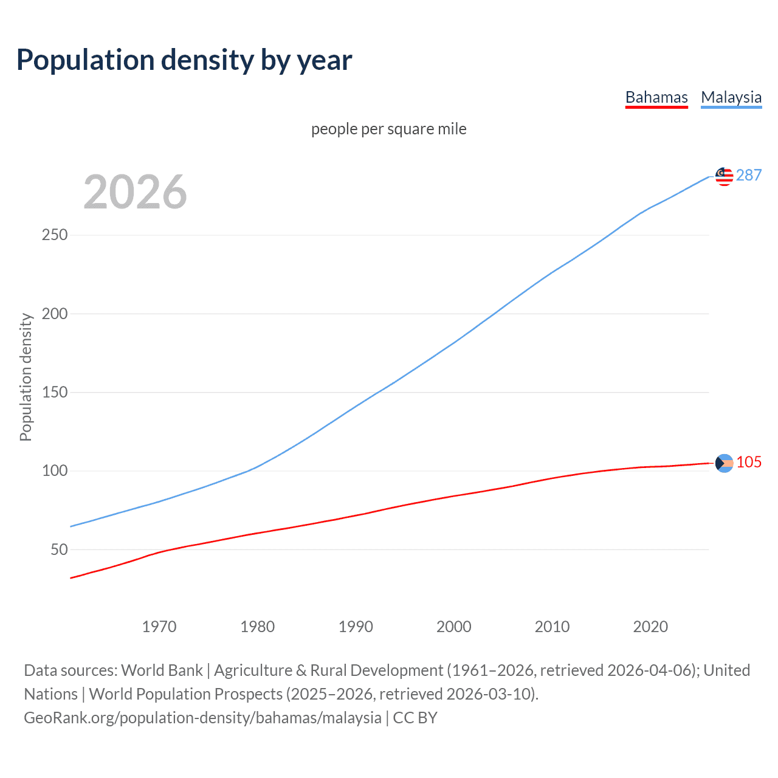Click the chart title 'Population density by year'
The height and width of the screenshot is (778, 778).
(x=184, y=60)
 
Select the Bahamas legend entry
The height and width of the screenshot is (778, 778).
(x=656, y=97)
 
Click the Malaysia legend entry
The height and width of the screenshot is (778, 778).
(x=731, y=97)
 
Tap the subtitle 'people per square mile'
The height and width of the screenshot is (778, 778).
(x=388, y=129)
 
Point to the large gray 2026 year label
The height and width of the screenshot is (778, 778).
(x=135, y=192)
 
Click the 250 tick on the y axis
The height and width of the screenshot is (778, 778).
(x=55, y=235)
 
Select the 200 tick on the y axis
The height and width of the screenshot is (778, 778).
(x=55, y=314)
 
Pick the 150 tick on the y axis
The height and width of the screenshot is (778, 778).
(x=55, y=392)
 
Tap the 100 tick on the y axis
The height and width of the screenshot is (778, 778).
(x=55, y=470)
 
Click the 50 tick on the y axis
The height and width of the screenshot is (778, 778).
(x=59, y=549)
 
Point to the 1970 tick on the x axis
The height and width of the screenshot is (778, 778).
(x=159, y=627)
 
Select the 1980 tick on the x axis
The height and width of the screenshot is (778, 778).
(x=258, y=627)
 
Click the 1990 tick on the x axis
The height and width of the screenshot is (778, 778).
(x=356, y=627)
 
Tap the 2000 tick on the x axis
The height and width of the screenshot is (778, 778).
(x=454, y=627)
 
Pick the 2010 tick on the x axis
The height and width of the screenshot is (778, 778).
(x=552, y=627)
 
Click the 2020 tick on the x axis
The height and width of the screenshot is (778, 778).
(x=650, y=627)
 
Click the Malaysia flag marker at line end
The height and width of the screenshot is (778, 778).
(x=724, y=176)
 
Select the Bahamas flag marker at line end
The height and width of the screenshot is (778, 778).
(x=724, y=463)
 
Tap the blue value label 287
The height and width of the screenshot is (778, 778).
(x=749, y=175)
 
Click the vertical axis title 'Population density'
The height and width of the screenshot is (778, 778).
(x=26, y=377)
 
